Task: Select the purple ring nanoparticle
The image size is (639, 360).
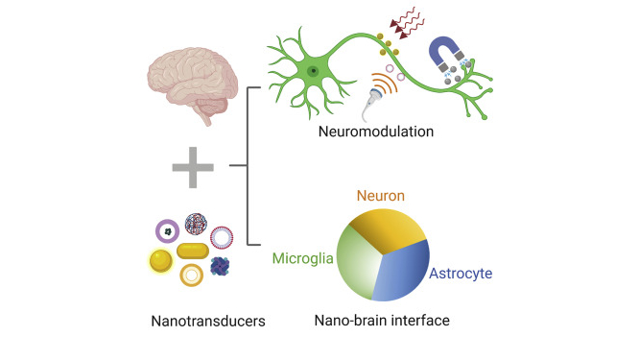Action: (x=168, y=230)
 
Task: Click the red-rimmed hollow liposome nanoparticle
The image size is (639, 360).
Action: (x=223, y=234)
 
